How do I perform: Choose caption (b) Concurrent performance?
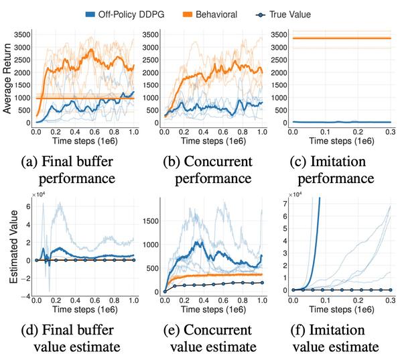point(210,171)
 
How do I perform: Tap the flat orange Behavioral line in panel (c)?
point(342,38)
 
